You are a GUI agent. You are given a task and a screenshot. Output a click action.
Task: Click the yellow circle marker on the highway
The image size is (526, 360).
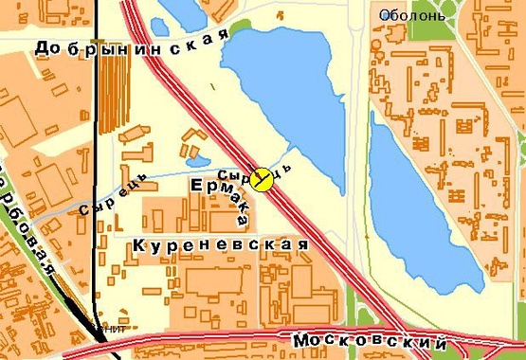click(263, 178)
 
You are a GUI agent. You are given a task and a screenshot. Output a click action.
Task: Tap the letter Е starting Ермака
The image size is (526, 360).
click(198, 185)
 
